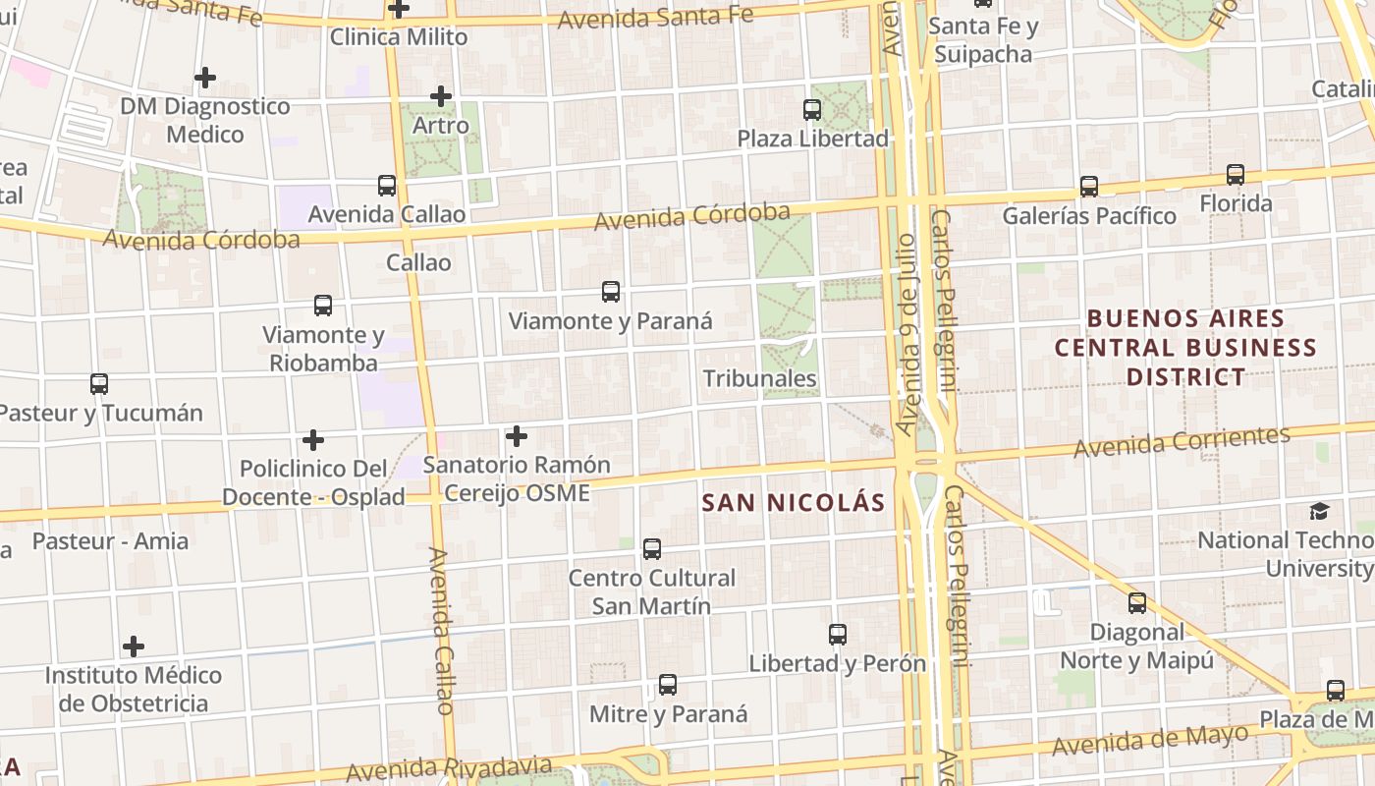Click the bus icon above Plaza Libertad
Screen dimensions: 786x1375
click(x=812, y=110)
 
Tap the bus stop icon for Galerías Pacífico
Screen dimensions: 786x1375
click(x=1088, y=187)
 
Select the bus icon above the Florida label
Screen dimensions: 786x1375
click(x=1236, y=175)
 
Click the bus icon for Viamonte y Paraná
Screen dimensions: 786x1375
click(x=611, y=292)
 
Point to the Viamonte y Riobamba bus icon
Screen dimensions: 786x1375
click(x=323, y=306)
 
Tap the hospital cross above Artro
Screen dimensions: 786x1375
click(x=441, y=96)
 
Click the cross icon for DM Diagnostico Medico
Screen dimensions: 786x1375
click(x=205, y=77)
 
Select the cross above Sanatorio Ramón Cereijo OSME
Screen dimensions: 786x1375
click(x=517, y=436)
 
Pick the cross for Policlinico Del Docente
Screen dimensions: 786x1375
click(x=313, y=439)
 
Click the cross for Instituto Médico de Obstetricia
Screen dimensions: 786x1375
click(x=134, y=646)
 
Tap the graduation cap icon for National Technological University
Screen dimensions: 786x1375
click(x=1319, y=511)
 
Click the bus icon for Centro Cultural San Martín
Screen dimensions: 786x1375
click(x=651, y=549)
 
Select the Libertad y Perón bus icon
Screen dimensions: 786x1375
click(x=838, y=635)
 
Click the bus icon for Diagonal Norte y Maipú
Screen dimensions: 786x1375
click(x=1137, y=603)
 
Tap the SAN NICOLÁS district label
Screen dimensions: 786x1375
click(x=794, y=503)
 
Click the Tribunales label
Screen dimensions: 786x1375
click(x=760, y=378)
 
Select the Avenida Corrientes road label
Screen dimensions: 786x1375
click(x=1182, y=442)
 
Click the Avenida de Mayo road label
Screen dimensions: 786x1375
click(x=1150, y=740)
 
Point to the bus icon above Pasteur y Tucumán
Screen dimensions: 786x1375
click(x=99, y=384)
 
